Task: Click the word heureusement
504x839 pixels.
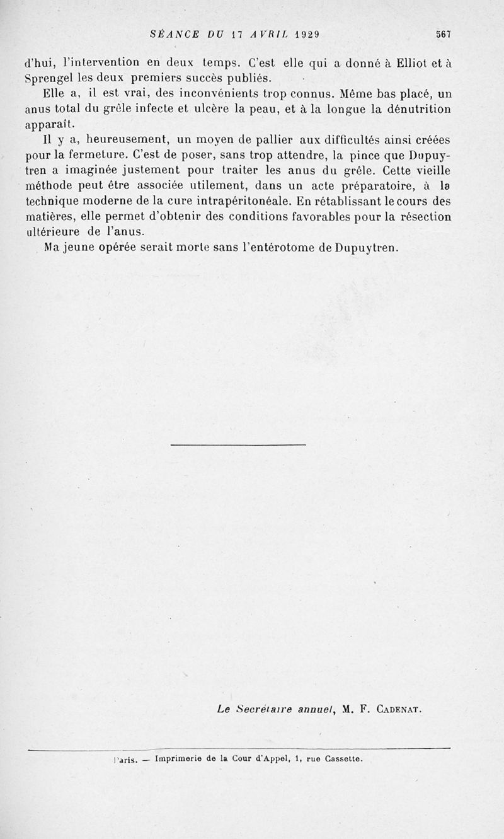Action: pos(120,139)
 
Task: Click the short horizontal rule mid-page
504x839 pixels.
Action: pos(238,445)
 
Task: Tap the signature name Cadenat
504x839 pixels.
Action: pos(399,709)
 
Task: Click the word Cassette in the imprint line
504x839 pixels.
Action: pos(343,759)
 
